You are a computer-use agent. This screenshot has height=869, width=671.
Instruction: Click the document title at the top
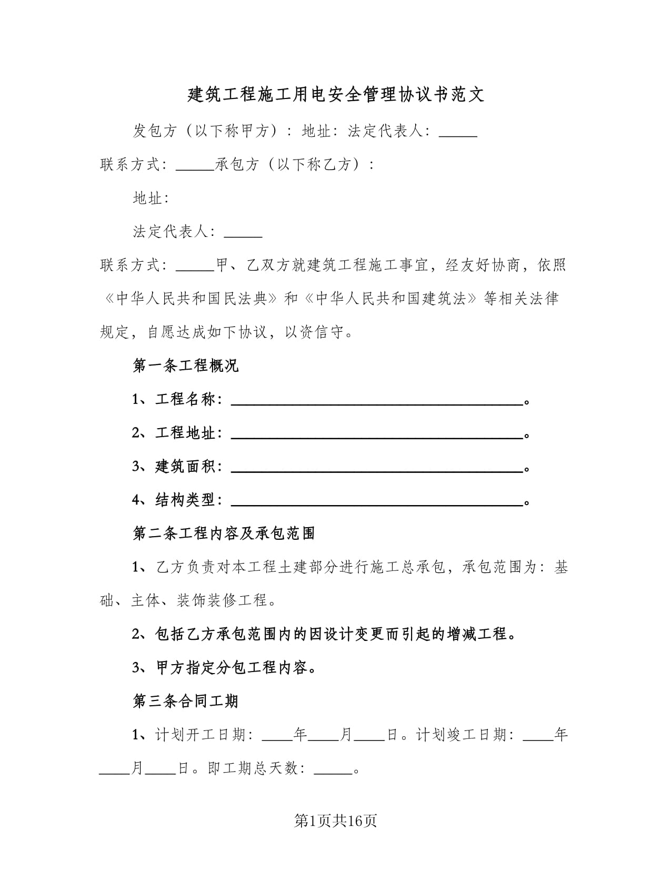336,95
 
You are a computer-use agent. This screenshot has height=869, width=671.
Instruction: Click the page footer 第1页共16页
335,821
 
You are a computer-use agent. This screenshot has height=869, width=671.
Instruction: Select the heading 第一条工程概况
186,366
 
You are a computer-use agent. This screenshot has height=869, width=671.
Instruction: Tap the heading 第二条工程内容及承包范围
224,534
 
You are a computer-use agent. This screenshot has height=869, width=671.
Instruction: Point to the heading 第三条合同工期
186,701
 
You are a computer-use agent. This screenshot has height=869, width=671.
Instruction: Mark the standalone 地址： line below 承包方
151,198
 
